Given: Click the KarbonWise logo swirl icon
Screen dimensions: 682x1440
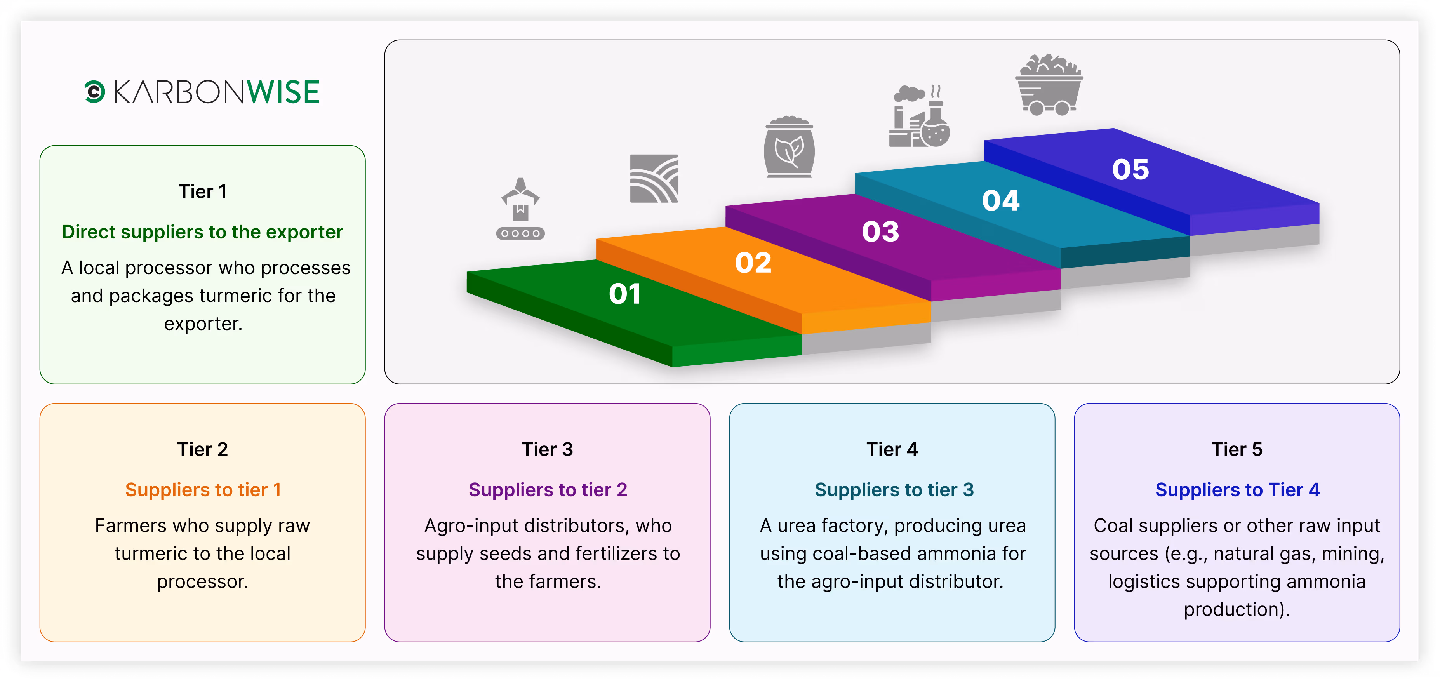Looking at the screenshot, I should (94, 92).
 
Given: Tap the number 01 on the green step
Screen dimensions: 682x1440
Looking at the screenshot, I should (624, 294).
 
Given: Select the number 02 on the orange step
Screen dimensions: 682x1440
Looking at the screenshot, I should (753, 263).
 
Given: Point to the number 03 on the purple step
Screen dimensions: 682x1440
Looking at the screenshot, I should (880, 231).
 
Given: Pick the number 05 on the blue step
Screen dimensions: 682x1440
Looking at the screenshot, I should (1130, 169).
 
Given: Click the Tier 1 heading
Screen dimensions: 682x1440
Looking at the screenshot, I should (202, 192).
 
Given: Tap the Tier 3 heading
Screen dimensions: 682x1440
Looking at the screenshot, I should (547, 449).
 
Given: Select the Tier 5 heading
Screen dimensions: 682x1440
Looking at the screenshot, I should (1237, 449).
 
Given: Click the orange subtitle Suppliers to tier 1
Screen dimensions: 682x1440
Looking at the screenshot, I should (202, 490).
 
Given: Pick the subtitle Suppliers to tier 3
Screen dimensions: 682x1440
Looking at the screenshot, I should (893, 490).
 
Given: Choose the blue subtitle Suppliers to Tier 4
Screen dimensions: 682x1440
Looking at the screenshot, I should (1237, 490).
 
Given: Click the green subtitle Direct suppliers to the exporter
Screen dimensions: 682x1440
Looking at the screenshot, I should (202, 232).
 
